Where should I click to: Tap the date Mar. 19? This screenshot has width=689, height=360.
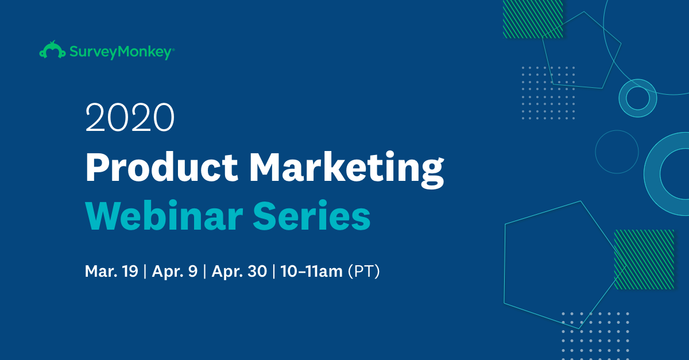[x=111, y=271]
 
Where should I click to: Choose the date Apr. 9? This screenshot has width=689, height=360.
[x=175, y=271]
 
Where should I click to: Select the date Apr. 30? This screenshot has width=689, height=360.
[x=239, y=271]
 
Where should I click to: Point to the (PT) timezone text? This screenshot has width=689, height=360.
[x=364, y=271]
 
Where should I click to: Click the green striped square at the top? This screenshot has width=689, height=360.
[x=533, y=18]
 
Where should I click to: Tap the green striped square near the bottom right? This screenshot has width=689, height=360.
[x=644, y=259]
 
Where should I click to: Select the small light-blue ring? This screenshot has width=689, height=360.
[x=637, y=98]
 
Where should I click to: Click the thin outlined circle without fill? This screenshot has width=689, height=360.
[x=617, y=152]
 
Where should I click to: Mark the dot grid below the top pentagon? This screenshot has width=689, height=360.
[x=548, y=92]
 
